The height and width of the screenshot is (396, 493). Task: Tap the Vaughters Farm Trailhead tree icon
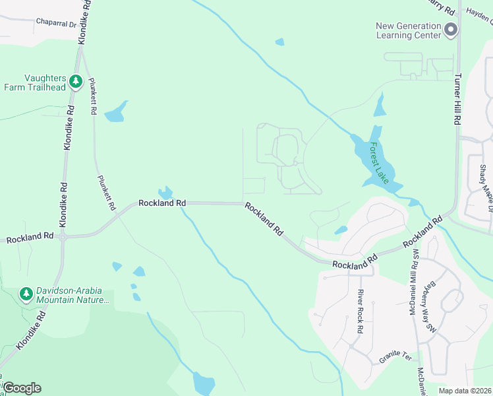(x=76, y=81)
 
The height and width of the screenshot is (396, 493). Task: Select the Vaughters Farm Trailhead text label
(x=36, y=82)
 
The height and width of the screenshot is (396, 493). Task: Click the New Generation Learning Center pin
(x=451, y=30)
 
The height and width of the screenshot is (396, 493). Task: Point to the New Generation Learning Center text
(x=409, y=30)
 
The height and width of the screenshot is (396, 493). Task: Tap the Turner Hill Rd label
(x=456, y=99)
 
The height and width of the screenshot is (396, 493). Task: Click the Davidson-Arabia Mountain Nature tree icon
(x=26, y=294)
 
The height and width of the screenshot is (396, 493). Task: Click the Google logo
(x=22, y=388)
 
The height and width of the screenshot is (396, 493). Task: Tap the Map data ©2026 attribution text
(x=465, y=391)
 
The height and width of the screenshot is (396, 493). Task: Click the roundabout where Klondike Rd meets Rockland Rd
(x=63, y=236)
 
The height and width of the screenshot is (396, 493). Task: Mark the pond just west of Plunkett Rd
(x=115, y=112)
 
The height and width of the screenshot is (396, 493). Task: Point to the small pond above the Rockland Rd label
(x=165, y=193)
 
